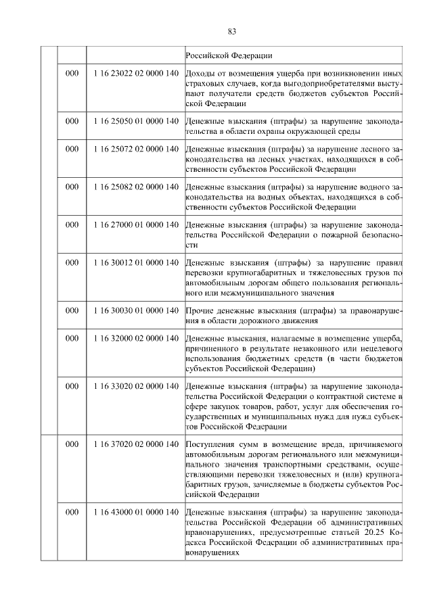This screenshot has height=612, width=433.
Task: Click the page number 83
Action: pyautogui.click(x=231, y=31)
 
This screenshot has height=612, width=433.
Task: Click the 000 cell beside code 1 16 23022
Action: pyautogui.click(x=72, y=72)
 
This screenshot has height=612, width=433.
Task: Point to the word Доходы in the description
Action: pyautogui.click(x=200, y=72)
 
